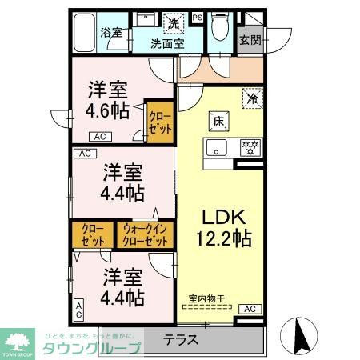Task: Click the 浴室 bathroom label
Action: point(111,33)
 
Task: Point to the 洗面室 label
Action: point(170,44)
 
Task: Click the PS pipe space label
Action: point(197,16)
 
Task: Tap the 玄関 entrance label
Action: point(250,39)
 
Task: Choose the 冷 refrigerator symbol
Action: point(253,100)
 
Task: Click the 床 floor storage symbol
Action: point(218,121)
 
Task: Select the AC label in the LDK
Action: point(249,309)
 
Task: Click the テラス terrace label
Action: point(183,338)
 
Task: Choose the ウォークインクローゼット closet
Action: point(146,236)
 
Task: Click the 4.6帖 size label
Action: point(109,111)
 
